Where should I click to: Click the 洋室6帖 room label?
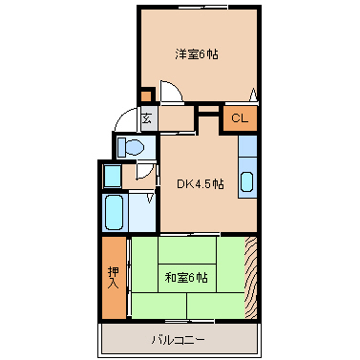click(197, 54)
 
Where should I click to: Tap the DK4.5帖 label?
click(201, 183)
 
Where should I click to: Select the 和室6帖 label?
click(186, 278)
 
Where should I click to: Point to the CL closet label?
click(240, 118)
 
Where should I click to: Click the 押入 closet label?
click(114, 278)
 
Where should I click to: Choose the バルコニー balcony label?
click(178, 340)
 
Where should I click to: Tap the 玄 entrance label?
click(146, 118)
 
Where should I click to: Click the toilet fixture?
click(131, 147)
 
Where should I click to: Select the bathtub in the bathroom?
click(114, 212)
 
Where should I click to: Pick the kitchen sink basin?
click(247, 182)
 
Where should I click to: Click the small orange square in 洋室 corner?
click(146, 96)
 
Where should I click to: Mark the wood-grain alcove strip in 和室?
click(250, 277)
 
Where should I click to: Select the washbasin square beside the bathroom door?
click(113, 176)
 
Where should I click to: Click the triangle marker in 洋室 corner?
click(253, 95)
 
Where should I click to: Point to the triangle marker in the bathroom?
click(150, 199)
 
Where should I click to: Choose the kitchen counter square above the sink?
click(247, 146)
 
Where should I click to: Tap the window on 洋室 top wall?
click(203, 7)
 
